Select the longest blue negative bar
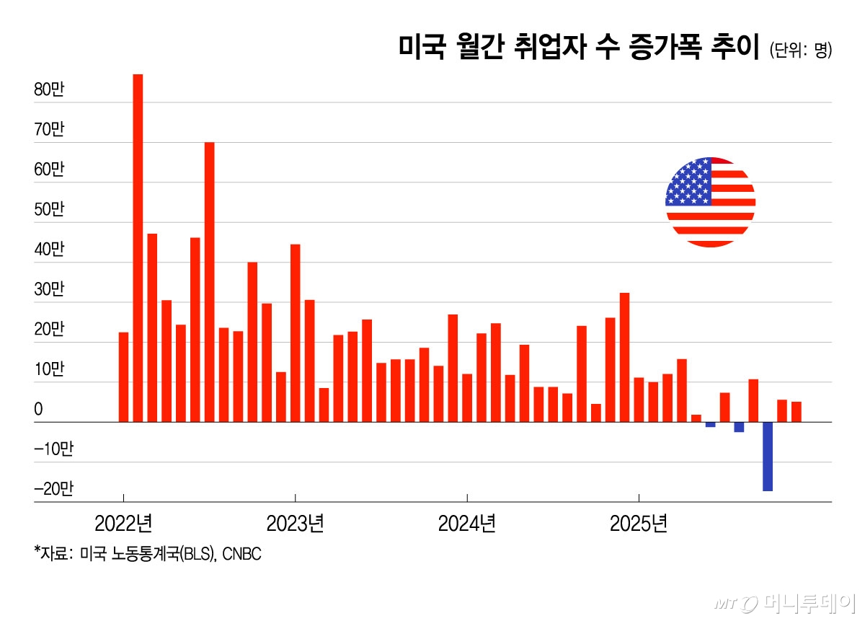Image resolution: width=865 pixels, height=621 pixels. coord(768,457)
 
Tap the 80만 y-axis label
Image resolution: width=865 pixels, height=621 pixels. coord(49,91)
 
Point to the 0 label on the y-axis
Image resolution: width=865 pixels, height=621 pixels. coord(38,410)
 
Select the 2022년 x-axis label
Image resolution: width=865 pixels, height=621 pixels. coord(123,523)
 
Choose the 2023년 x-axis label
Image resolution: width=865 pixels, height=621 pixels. coord(295,523)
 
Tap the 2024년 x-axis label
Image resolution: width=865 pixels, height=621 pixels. coord(467,523)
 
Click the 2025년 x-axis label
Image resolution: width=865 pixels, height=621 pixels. coord(639,523)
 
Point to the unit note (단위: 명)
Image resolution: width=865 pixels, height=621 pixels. coord(800,50)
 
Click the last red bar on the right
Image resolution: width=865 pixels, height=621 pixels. coord(797,412)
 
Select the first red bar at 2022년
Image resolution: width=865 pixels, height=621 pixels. coord(123,377)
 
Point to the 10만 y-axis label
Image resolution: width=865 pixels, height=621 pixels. coord(49,370)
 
